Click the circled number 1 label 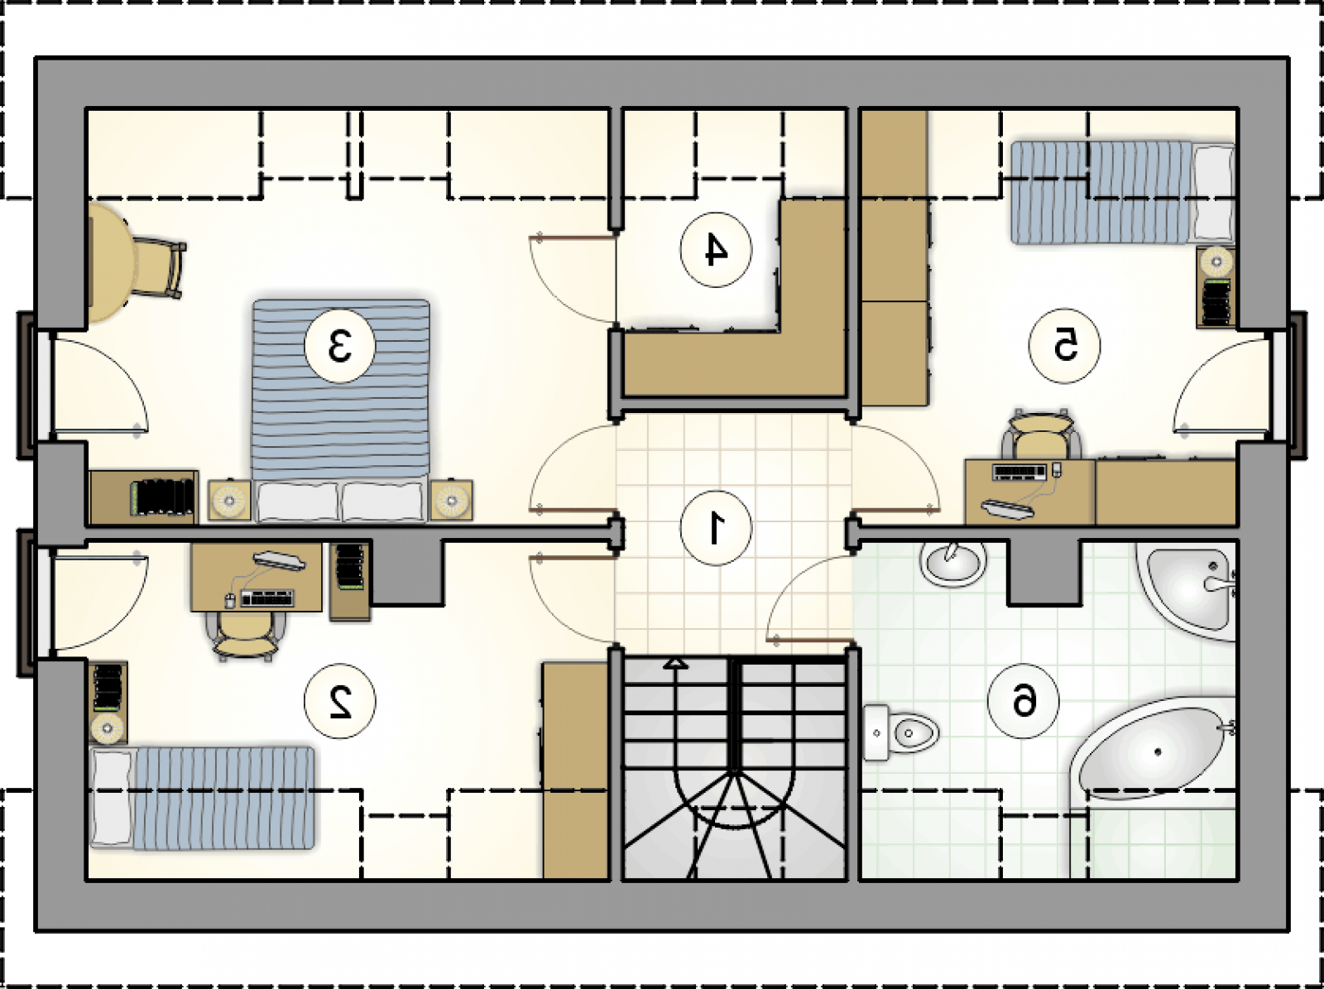(716, 528)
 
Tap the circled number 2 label (340, 701)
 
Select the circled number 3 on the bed (340, 346)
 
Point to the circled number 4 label (716, 250)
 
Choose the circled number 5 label (1065, 346)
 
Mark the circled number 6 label (1024, 701)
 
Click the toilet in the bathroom (900, 733)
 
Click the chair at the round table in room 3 (159, 268)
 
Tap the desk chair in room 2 (245, 636)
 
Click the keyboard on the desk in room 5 (1019, 471)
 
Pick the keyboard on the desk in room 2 (268, 598)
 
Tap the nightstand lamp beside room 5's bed (1216, 262)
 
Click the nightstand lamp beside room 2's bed (108, 728)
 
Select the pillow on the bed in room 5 (1214, 194)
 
